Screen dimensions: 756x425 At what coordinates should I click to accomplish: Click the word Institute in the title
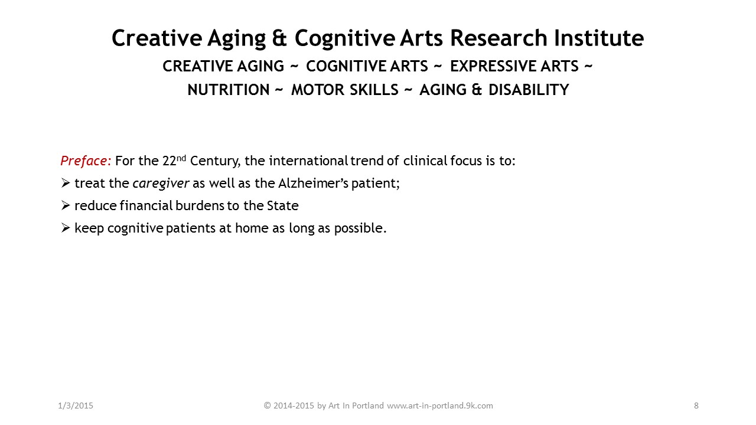point(598,38)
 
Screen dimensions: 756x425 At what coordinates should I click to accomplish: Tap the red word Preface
point(84,161)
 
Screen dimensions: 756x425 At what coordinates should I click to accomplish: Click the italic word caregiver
point(161,184)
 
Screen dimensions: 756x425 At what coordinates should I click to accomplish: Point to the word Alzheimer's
point(313,183)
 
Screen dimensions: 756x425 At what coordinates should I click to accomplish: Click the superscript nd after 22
point(181,158)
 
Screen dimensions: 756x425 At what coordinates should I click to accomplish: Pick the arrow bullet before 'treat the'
point(66,183)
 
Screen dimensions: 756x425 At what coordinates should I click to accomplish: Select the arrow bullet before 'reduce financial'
point(66,205)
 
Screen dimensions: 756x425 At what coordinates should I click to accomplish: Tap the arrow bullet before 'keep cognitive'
point(66,228)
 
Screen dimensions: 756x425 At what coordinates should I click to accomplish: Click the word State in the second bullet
point(282,206)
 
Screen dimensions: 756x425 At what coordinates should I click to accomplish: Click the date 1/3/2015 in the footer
point(76,406)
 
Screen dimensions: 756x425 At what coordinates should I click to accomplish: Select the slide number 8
point(696,406)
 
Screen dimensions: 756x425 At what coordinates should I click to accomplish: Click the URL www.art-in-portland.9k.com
point(440,406)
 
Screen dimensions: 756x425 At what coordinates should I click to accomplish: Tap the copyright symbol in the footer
point(268,406)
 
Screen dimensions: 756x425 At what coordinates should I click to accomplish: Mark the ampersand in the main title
point(279,38)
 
